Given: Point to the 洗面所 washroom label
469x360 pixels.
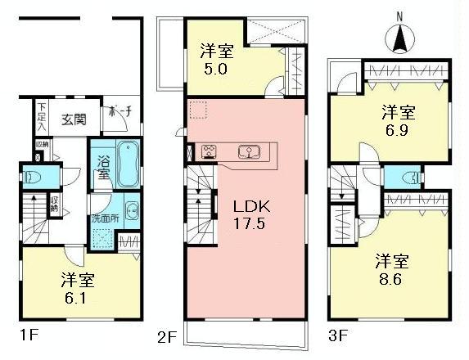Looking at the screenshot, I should [105, 219].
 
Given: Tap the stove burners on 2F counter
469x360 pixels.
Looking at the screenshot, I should [208, 151].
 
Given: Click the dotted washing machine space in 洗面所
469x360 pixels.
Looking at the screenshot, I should [104, 240].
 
